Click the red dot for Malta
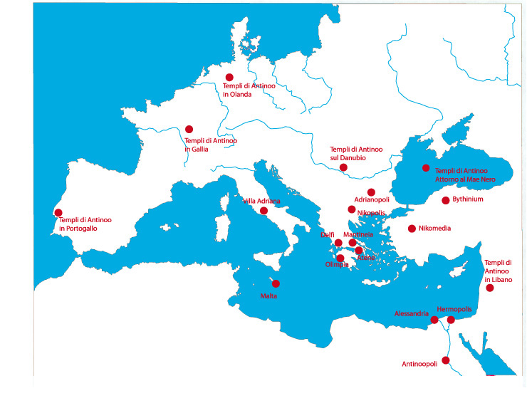tap(276, 283)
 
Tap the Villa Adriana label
tap(261, 202)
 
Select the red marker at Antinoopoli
tap(446, 360)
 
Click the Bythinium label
tap(468, 200)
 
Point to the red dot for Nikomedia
tap(412, 229)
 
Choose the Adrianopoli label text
tap(372, 201)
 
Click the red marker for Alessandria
tap(434, 320)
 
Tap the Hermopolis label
tap(454, 310)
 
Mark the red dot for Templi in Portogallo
tap(58, 212)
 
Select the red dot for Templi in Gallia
tap(189, 129)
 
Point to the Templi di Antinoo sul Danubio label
tap(356, 153)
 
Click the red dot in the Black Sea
tap(426, 168)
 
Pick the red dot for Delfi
tap(338, 243)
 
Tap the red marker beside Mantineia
tap(353, 243)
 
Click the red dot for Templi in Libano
tap(490, 288)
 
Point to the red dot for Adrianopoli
tap(371, 192)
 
